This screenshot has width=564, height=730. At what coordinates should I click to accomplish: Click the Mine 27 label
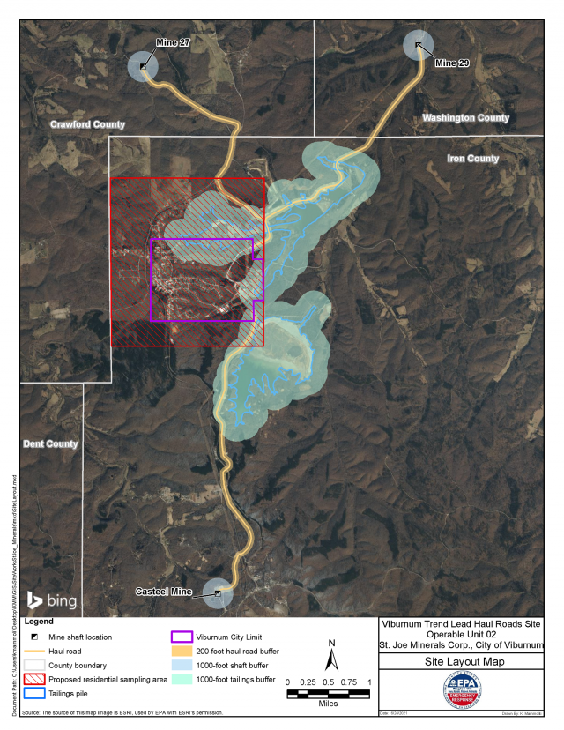point(173,43)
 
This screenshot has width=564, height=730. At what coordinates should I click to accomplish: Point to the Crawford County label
point(87,124)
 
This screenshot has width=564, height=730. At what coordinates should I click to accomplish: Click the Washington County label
point(465,117)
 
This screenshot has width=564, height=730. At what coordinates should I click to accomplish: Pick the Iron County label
point(473,159)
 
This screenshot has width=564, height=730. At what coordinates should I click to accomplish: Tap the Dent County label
point(49,443)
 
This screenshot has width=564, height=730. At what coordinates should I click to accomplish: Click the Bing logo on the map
point(52,601)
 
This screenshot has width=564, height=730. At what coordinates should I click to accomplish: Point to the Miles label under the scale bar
point(328,704)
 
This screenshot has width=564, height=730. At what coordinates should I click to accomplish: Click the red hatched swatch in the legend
point(36,680)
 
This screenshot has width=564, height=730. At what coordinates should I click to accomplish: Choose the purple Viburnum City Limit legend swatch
point(182,636)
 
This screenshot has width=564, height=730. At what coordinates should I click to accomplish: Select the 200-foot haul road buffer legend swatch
point(182,651)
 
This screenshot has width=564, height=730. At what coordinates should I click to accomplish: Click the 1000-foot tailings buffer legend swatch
point(182,679)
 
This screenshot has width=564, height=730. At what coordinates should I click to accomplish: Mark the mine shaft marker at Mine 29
point(418,45)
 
